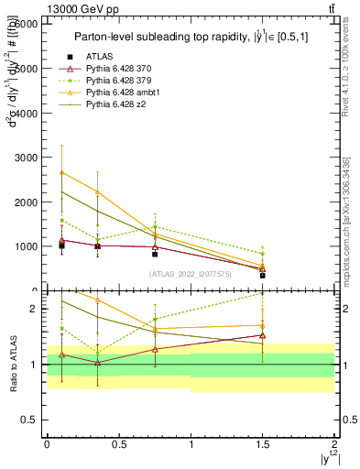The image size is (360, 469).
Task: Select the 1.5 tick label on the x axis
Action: click(263, 443)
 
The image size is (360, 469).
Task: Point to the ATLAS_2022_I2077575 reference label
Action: click(190, 274)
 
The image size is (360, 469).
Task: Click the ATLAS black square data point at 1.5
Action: click(263, 275)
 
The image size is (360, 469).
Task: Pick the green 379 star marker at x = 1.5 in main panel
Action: click(263, 254)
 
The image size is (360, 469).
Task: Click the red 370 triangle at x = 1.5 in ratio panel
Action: click(263, 335)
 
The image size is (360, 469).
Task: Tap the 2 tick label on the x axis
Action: click(335, 443)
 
